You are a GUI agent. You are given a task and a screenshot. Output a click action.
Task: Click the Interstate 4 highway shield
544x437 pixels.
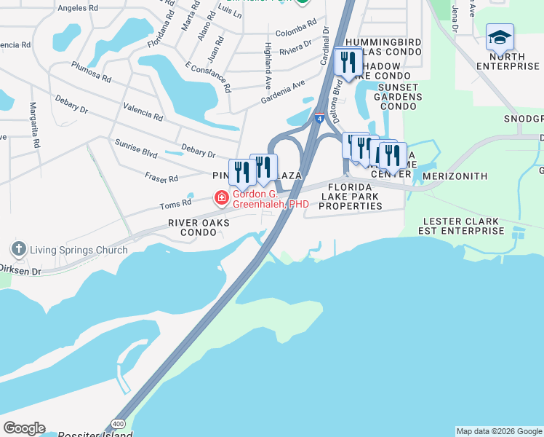(x=320, y=117)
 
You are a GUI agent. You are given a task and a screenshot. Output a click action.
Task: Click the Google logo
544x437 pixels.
(x=24, y=428)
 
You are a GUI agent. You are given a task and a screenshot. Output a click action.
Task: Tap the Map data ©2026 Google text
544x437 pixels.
(x=498, y=431)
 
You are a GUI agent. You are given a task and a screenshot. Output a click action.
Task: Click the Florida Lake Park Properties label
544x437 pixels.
(x=350, y=197)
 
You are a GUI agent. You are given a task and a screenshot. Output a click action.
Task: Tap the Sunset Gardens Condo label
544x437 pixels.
(x=397, y=96)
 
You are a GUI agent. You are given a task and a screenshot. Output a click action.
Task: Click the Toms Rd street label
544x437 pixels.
(x=176, y=204)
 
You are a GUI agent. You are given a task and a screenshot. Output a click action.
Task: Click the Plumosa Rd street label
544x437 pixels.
(x=91, y=71)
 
